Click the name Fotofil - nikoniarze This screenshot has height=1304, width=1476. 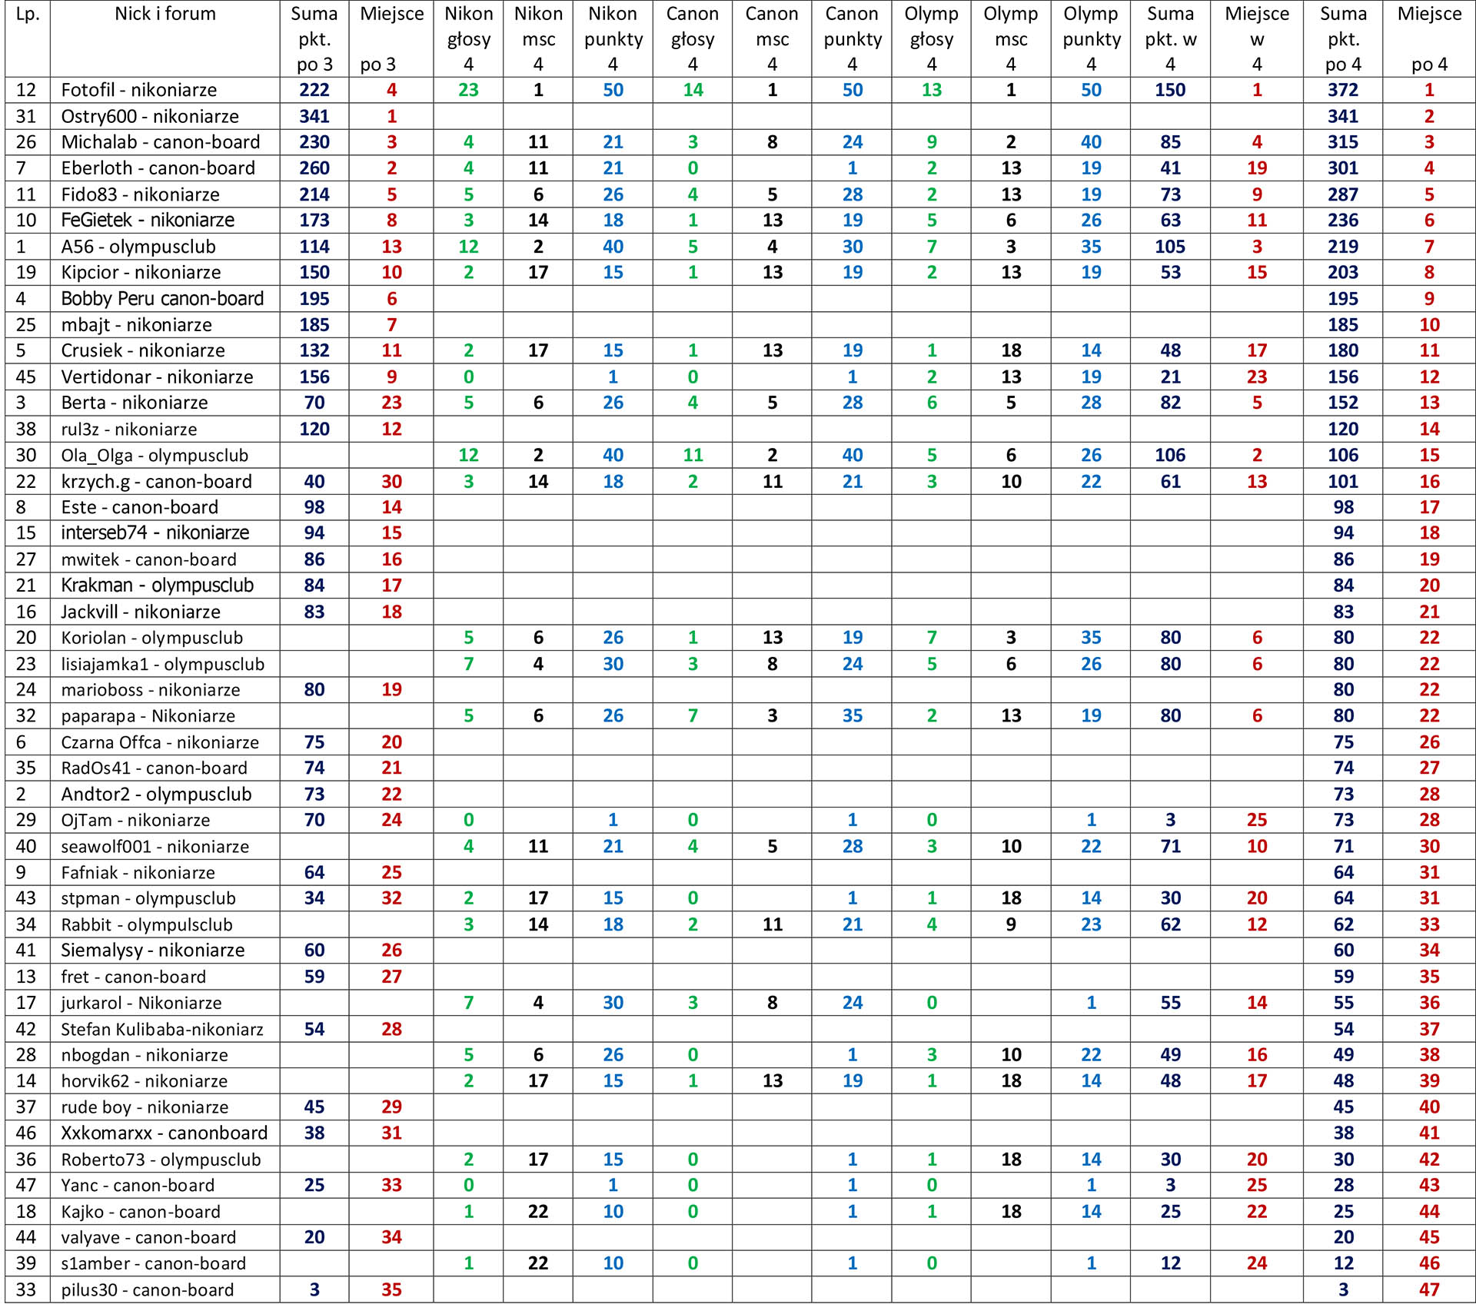point(139,90)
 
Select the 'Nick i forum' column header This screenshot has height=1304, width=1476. point(165,14)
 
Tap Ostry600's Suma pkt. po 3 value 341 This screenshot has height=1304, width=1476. point(314,116)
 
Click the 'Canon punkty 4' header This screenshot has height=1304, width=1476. point(852,38)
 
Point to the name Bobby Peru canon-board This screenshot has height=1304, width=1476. point(162,298)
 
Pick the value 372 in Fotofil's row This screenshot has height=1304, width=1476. point(1342,90)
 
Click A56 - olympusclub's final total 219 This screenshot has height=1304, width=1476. point(1342,247)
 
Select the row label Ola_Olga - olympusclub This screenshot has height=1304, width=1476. point(155,455)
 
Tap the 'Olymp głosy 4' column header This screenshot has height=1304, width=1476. point(931,38)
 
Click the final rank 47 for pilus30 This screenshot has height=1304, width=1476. point(1428,1289)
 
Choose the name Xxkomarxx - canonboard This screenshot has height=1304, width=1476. point(165,1133)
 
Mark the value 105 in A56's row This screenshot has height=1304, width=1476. point(1169,247)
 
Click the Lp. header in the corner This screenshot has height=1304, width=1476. point(28,14)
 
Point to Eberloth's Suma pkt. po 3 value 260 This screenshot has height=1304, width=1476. point(314,168)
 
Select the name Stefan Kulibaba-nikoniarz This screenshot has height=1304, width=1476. point(162,1029)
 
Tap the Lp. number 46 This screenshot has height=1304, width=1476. point(26,1133)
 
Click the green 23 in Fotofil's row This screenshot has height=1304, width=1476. point(468,90)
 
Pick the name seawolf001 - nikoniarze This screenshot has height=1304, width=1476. point(155,846)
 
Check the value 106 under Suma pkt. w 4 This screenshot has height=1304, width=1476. point(1169,455)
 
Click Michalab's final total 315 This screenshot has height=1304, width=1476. point(1342,142)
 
